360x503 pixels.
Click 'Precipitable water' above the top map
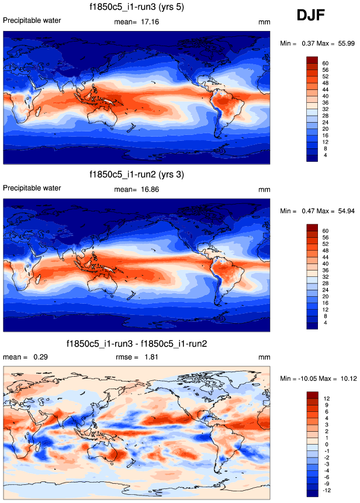32,20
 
